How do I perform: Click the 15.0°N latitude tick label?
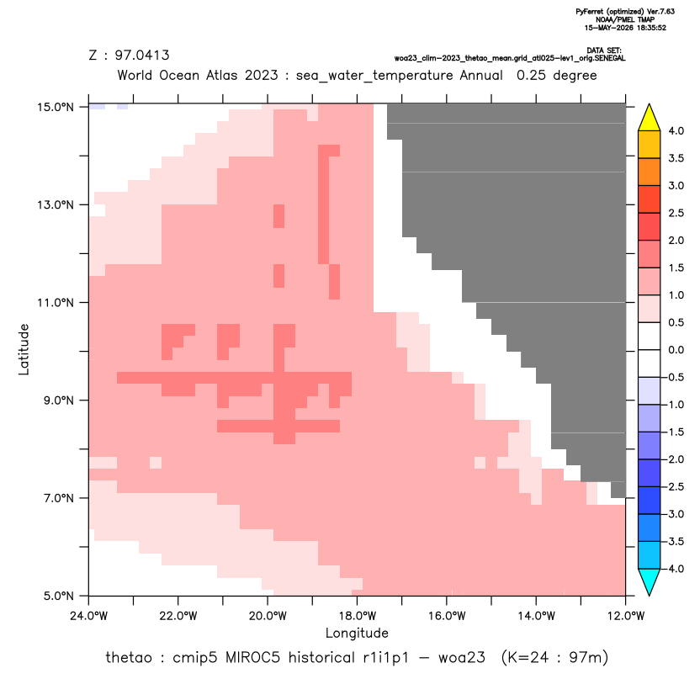pos(56,107)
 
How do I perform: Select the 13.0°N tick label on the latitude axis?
pos(56,205)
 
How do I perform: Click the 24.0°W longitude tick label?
pos(89,616)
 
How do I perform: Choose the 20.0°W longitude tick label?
pos(268,616)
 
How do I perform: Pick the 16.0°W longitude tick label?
pos(447,616)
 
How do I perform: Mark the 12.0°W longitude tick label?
pos(626,616)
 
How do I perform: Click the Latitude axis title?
pos(24,349)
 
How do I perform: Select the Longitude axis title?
pos(357,633)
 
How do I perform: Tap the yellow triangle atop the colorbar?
pos(650,118)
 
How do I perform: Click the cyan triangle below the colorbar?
pos(650,582)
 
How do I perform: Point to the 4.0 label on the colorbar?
pos(676,130)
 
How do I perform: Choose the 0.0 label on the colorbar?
pos(676,350)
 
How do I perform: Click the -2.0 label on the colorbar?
pos(674,459)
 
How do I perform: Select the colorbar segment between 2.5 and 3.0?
pos(650,199)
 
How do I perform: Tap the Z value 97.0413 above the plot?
pos(142,56)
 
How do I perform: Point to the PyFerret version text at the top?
pos(625,12)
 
